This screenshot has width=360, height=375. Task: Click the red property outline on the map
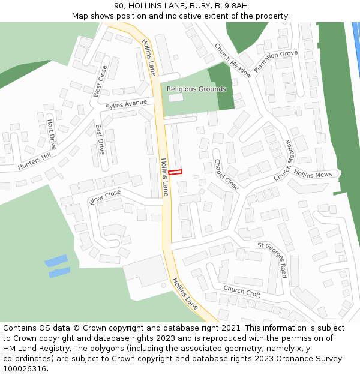pyautogui.click(x=175, y=173)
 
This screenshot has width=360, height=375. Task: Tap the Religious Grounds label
pyautogui.click(x=196, y=89)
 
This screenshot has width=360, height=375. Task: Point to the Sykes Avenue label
pyautogui.click(x=126, y=104)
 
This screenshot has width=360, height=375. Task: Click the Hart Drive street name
pyautogui.click(x=51, y=134)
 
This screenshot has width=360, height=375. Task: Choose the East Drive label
pyautogui.click(x=100, y=139)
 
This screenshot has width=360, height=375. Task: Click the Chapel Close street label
pyautogui.click(x=226, y=175)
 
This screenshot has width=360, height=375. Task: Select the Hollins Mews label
pyautogui.click(x=313, y=173)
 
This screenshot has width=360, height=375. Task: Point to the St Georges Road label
pyautogui.click(x=272, y=259)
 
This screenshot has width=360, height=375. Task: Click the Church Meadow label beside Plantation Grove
pyautogui.click(x=233, y=61)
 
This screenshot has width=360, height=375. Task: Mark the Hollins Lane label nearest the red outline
pyautogui.click(x=165, y=177)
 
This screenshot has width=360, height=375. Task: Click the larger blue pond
pyautogui.click(x=56, y=261)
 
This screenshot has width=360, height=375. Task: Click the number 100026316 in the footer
pyautogui.click(x=25, y=369)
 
